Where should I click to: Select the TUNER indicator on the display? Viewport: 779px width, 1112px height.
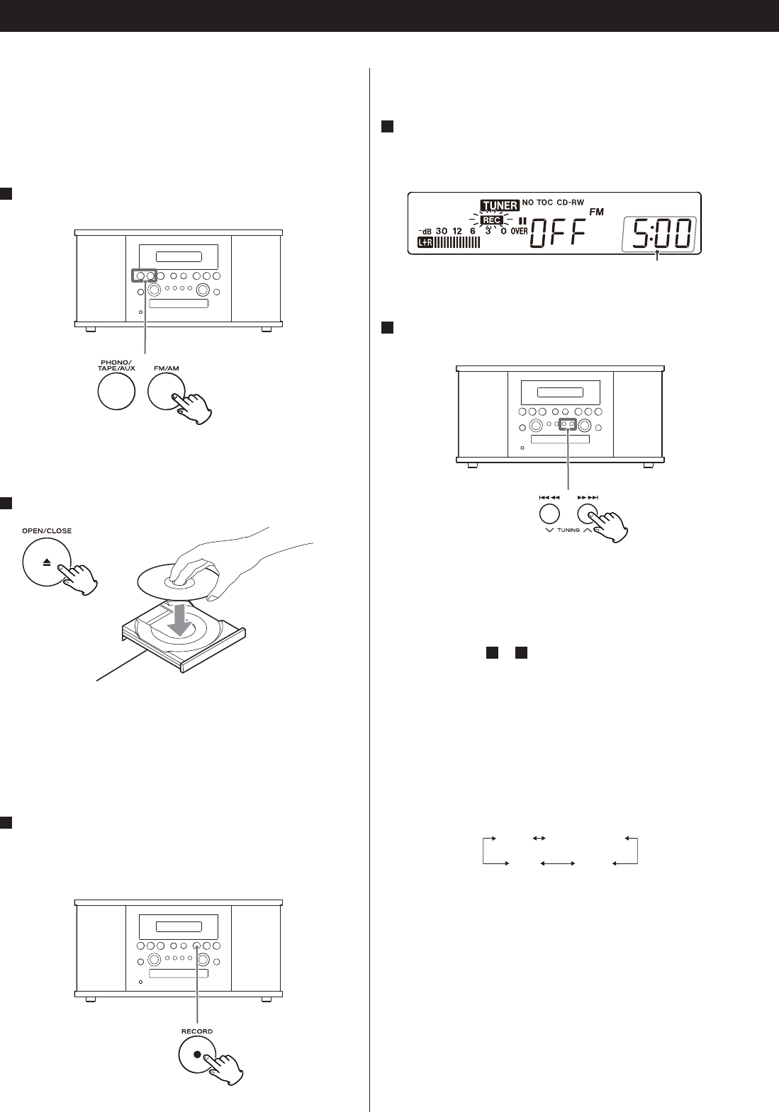click(500, 206)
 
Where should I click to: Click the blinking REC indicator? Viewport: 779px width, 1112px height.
click(492, 220)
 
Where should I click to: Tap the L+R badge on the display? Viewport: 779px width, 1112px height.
click(425, 243)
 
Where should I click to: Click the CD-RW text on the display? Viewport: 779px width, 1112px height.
click(571, 203)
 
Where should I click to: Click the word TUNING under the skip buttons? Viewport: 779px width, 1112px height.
click(568, 530)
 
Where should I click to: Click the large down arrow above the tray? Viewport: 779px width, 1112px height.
click(181, 617)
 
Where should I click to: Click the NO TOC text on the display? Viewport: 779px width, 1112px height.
click(537, 203)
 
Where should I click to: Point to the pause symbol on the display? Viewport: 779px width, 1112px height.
click(523, 220)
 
